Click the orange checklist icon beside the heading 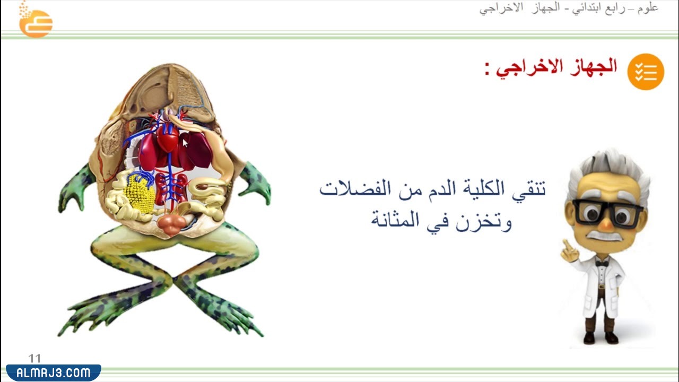646,72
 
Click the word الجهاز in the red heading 592,67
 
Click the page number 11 35,359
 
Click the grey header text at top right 569,8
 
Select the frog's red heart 168,137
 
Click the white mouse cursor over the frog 185,143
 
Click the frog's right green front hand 256,183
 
